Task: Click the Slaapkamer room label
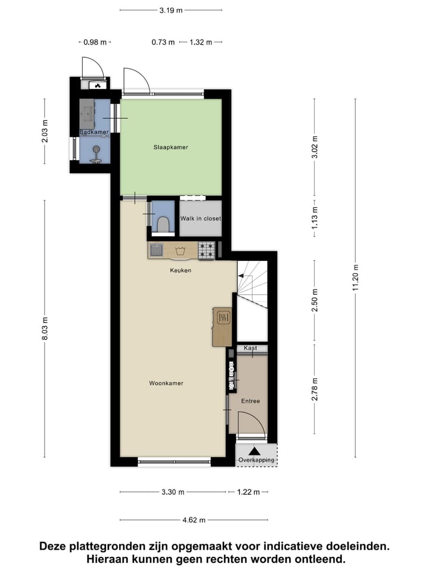(170, 147)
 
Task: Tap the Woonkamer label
(166, 383)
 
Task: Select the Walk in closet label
(201, 218)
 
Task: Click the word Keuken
(181, 270)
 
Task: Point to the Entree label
(250, 401)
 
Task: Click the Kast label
(250, 347)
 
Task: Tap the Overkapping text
(256, 460)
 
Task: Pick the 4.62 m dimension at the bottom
(194, 520)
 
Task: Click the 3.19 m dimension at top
(171, 10)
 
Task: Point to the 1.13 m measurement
(315, 214)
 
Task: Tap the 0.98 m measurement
(95, 42)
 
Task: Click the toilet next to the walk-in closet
(163, 223)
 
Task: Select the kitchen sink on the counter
(157, 250)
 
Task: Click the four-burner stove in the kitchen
(206, 250)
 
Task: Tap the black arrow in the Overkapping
(255, 451)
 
